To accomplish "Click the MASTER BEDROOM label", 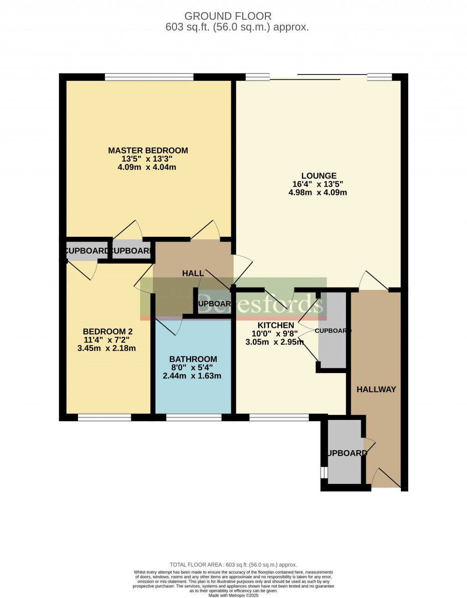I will coord(148,151).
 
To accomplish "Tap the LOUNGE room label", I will coord(319,176).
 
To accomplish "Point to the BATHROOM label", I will coord(193,359).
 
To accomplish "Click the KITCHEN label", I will coord(275,325).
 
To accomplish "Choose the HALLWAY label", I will coord(376,389).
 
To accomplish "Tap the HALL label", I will coord(192,273).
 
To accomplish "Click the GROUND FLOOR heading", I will coord(228,16).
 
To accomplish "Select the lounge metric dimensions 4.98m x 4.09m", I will coord(317,193).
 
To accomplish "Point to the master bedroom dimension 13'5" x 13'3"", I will coord(148,159).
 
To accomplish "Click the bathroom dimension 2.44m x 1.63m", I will coord(192,376).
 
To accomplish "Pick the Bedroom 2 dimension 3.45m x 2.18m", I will coord(107,348).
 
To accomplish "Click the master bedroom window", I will coord(149,77).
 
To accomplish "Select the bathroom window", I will coord(194,417).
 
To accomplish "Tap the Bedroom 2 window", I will coord(104,417).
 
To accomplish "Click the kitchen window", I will coord(279,417).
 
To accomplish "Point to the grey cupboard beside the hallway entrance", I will coord(345,452).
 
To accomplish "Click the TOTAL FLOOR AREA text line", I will coord(233,565).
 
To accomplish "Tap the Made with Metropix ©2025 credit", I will coord(233,595).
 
